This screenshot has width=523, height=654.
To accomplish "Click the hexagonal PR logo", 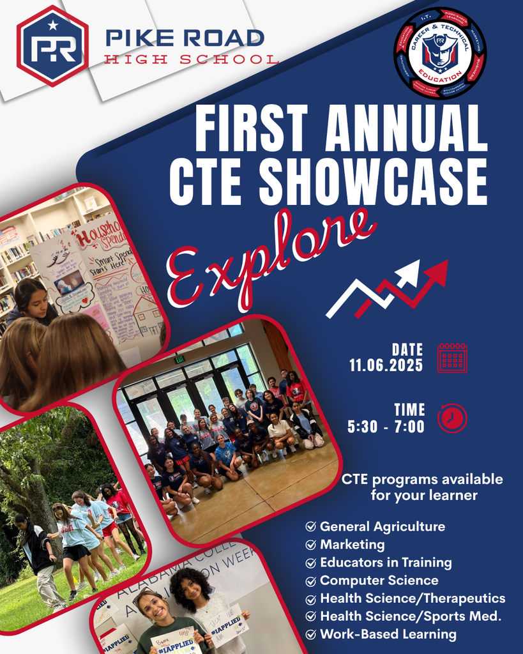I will [x=52, y=46].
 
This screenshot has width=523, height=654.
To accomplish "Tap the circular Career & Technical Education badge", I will [x=440, y=53].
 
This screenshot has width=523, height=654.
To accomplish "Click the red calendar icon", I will [x=452, y=357].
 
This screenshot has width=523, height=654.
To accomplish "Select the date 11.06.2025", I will [x=386, y=365].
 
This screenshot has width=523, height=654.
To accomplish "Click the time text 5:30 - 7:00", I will [x=386, y=427].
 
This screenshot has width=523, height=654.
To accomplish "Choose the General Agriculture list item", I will [x=383, y=527].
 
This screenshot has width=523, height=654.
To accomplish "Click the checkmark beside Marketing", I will [x=311, y=545].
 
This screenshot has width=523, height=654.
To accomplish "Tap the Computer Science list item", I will [x=379, y=581].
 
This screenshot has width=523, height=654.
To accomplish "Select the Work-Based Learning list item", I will [x=388, y=634].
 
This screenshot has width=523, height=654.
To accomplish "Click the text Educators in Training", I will [x=386, y=563].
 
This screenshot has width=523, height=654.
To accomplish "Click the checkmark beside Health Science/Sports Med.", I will [x=311, y=616].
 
